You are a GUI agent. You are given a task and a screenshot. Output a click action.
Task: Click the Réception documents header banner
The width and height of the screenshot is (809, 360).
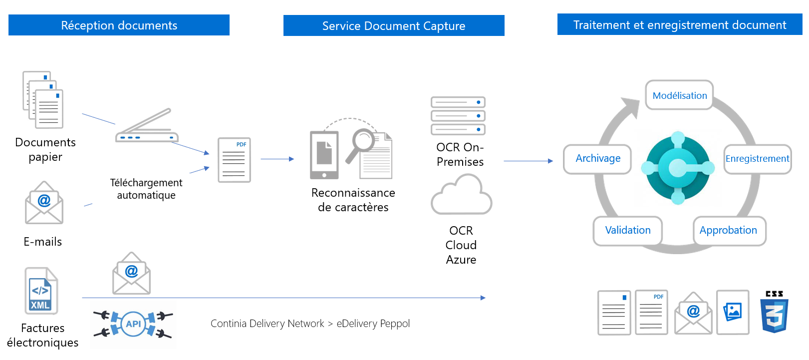(119, 25)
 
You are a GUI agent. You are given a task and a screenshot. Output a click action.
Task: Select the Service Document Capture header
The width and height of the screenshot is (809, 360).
(394, 25)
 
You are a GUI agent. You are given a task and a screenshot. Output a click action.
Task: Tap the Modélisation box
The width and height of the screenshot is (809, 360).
(679, 95)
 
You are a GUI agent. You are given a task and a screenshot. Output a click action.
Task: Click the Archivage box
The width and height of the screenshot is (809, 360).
(597, 159)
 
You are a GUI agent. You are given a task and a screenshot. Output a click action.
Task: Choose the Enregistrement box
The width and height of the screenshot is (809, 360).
(757, 159)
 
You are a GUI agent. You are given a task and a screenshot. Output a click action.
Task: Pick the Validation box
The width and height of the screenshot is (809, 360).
(627, 230)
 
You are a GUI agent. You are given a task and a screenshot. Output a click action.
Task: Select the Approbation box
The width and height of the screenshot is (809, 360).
(728, 230)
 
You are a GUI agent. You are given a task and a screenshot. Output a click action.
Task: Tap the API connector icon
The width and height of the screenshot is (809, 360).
(133, 324)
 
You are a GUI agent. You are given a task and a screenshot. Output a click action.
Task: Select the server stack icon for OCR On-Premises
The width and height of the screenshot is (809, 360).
(458, 116)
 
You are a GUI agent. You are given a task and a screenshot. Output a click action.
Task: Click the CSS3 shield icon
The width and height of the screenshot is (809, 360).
(774, 312)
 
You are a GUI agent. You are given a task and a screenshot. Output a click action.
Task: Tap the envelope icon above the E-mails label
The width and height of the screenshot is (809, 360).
(44, 203)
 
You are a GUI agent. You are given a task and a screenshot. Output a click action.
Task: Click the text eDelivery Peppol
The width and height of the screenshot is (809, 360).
(373, 324)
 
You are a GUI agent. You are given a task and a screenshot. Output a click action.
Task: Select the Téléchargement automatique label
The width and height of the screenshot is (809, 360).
(146, 189)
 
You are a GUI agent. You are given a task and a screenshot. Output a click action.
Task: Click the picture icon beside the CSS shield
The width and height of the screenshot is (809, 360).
(733, 312)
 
